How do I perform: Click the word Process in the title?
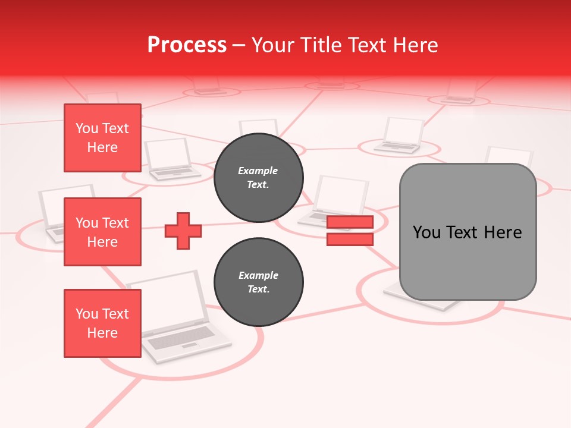187,45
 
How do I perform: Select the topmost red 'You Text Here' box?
102,138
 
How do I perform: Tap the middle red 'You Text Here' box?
102,232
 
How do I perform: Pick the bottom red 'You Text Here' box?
102,323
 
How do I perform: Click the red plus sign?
183,231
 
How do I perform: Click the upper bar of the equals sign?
350,222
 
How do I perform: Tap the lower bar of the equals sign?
350,240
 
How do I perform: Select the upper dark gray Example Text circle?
258,177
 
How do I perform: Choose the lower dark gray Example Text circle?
258,282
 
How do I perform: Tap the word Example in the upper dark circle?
258,171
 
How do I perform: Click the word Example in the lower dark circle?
258,275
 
